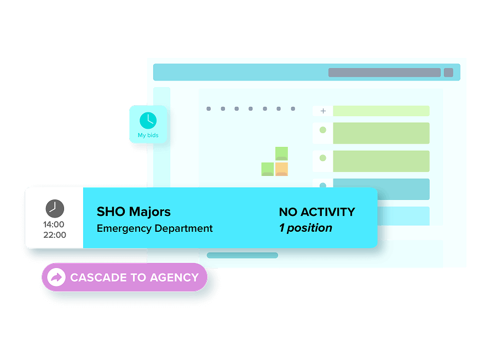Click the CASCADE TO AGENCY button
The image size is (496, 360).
(x=124, y=277)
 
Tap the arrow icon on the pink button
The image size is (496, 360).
(x=56, y=277)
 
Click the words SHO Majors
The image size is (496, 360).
(x=134, y=212)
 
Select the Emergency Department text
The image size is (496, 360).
(x=154, y=228)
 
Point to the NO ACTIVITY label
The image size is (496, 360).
(x=316, y=212)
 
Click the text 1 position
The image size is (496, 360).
(x=305, y=228)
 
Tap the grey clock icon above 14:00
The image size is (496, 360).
(x=54, y=208)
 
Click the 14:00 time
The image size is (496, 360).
(x=54, y=224)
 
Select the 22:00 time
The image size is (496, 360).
(x=54, y=235)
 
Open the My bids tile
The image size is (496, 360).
(x=148, y=124)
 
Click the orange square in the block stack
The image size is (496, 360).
(x=281, y=169)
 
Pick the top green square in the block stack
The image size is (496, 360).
(x=281, y=153)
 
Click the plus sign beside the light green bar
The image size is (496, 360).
(x=323, y=111)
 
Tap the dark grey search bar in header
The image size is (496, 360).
(x=384, y=72)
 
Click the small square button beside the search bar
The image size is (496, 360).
(x=448, y=72)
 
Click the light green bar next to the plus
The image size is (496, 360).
(x=381, y=111)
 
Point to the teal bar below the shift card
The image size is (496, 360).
(x=242, y=255)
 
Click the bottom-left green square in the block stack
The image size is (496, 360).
(x=268, y=169)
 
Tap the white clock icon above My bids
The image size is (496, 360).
(x=148, y=120)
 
